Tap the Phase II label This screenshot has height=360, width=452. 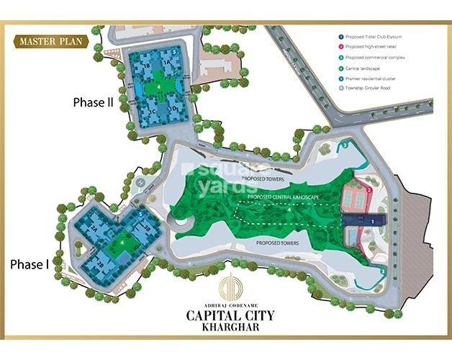pyautogui.click(x=93, y=102)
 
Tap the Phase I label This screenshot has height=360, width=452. pyautogui.click(x=30, y=264)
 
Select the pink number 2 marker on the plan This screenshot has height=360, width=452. pyautogui.click(x=369, y=190)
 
